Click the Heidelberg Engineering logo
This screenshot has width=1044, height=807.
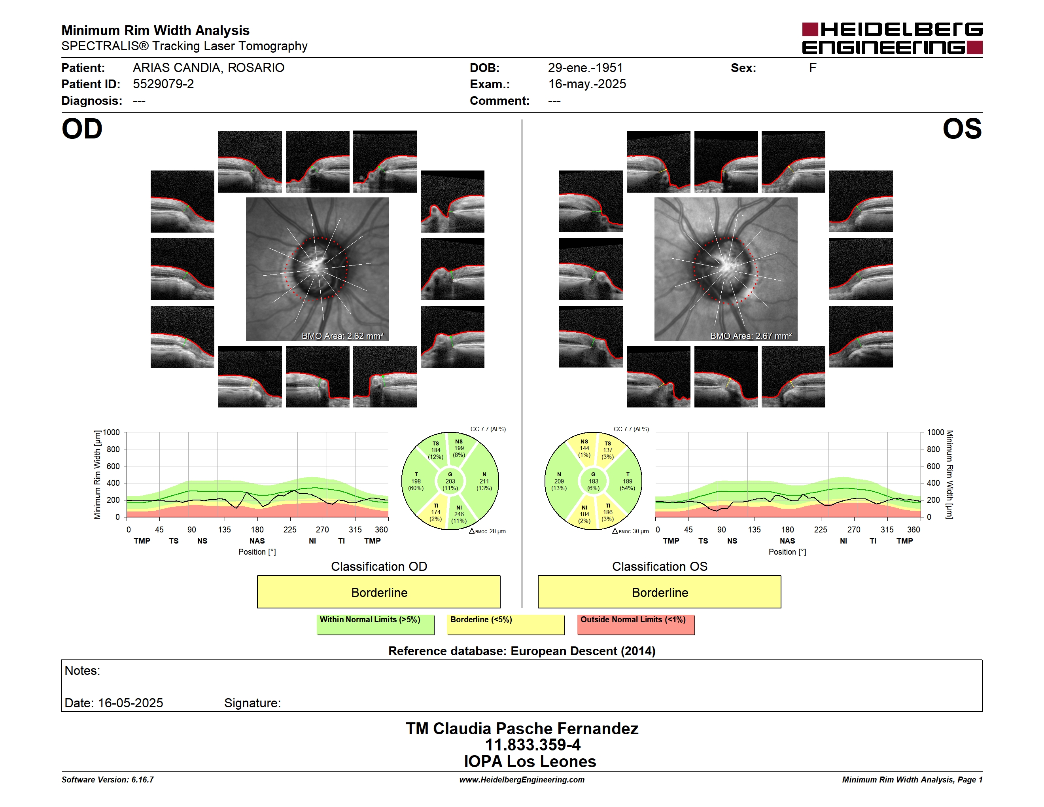pos(892,38)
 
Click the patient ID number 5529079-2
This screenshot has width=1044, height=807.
pos(163,84)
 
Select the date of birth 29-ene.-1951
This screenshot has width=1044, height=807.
pos(586,68)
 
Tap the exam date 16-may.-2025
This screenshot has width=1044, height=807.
pos(587,84)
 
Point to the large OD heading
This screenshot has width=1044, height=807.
pos(82,129)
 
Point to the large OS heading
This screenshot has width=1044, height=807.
pos(962,129)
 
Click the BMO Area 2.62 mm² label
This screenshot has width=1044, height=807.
pos(342,336)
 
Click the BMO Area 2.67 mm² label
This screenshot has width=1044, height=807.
pos(751,336)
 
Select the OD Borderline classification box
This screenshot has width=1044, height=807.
pos(378,592)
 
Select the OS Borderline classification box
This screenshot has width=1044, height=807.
pos(660,592)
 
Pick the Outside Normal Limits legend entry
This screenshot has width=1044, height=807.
pos(636,624)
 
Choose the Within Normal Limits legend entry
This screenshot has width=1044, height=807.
pos(375,624)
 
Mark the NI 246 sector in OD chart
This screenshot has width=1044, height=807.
pos(459,514)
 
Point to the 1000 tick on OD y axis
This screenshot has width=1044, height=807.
pos(112,433)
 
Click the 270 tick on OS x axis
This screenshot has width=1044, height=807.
pos(854,530)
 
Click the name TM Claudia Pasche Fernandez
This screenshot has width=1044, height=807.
pos(522,729)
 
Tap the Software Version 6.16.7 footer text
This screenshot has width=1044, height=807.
pos(108,780)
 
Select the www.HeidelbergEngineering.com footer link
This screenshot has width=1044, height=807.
pos(522,780)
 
